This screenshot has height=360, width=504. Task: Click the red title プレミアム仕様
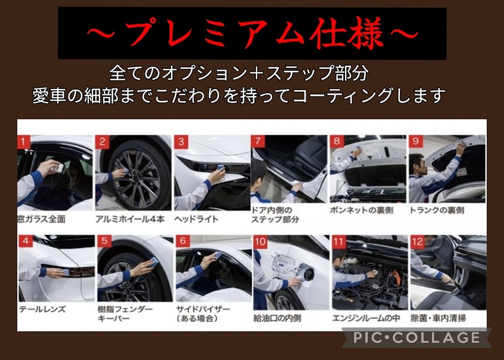click(x=252, y=33)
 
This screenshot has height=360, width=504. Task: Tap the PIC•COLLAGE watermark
click(x=417, y=338)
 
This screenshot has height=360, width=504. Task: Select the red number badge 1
click(x=23, y=142)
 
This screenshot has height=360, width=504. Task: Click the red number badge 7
click(x=258, y=142)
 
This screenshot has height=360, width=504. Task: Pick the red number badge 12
click(x=417, y=242)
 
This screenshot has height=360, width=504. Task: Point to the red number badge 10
click(x=261, y=242)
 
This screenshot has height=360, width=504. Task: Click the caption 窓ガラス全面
click(x=41, y=219)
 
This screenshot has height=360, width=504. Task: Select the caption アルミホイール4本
click(x=130, y=219)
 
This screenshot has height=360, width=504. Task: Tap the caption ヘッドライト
click(x=196, y=219)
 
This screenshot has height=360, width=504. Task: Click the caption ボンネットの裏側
click(x=362, y=210)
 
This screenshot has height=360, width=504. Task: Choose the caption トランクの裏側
click(x=437, y=210)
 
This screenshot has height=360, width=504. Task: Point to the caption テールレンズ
click(x=42, y=309)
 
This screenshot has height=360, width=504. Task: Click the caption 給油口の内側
click(x=277, y=318)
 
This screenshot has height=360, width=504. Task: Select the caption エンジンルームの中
click(x=366, y=318)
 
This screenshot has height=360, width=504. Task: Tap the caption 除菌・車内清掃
click(x=438, y=318)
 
